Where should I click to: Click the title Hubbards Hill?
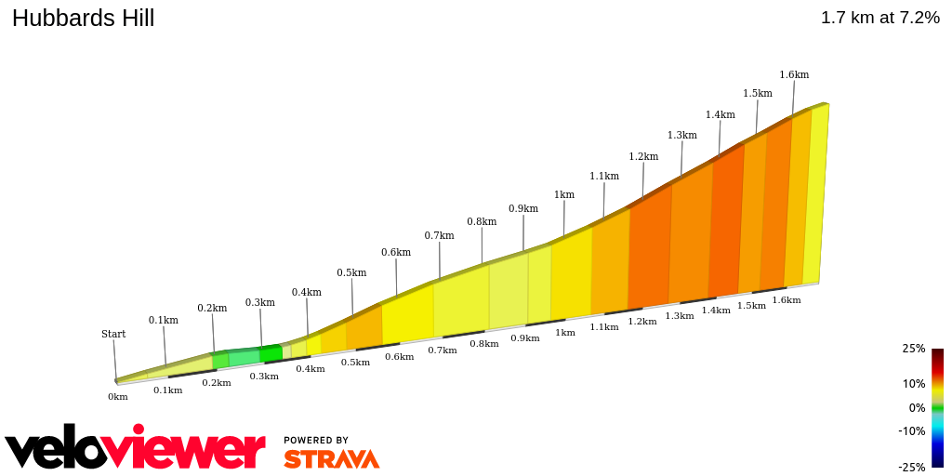click(x=83, y=18)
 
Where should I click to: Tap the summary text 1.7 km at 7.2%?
click(x=879, y=18)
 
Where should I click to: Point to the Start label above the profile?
click(x=113, y=334)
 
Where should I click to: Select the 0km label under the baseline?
click(x=117, y=397)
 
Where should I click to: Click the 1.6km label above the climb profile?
click(x=794, y=74)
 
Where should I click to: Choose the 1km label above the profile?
click(x=563, y=194)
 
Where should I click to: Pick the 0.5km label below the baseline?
click(x=355, y=362)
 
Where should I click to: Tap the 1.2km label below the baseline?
click(x=641, y=321)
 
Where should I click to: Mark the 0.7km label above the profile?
click(x=439, y=235)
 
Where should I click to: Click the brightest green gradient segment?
click(x=271, y=354)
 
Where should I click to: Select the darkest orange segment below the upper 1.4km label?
click(x=725, y=223)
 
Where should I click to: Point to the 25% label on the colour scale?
click(x=913, y=349)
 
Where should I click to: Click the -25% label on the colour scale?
click(x=911, y=467)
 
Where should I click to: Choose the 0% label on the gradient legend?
click(x=917, y=407)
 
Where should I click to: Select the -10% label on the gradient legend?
click(x=911, y=430)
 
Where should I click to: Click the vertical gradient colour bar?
click(x=937, y=407)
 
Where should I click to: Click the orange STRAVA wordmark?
click(x=331, y=459)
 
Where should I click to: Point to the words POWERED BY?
click(x=316, y=440)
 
